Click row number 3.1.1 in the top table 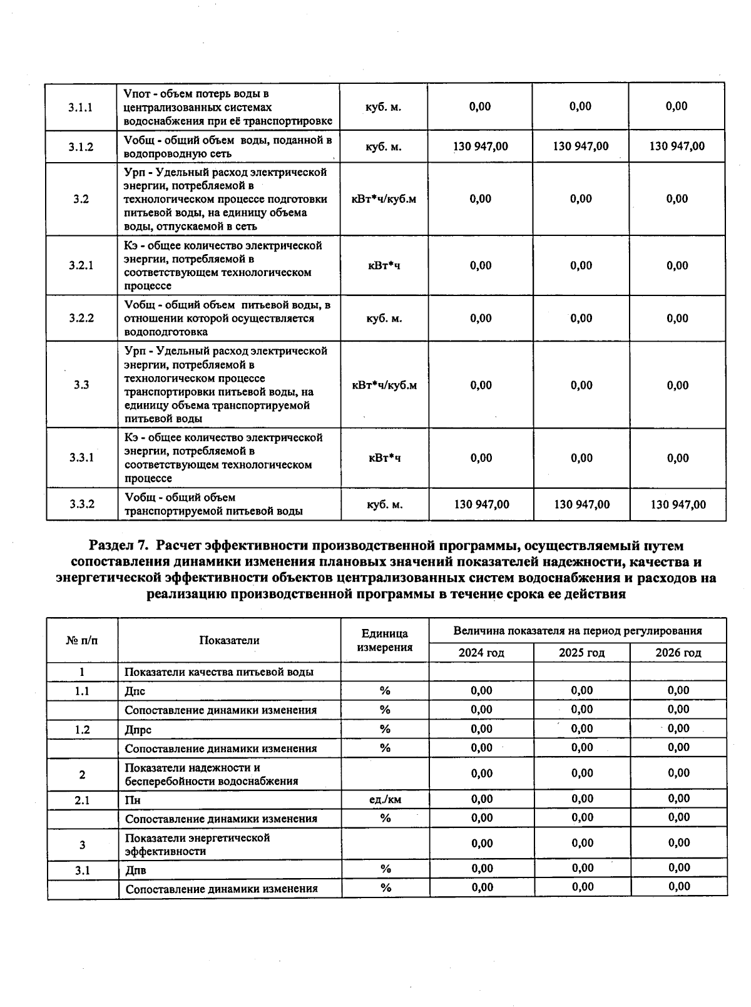[x=81, y=107]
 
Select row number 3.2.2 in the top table [x=81, y=318]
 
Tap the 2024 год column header [x=481, y=653]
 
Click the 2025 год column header [x=581, y=653]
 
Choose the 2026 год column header [x=678, y=653]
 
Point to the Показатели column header [x=229, y=640]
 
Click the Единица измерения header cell [x=384, y=640]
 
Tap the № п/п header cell [x=82, y=640]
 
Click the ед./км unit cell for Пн [x=385, y=799]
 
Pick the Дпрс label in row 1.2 [x=138, y=730]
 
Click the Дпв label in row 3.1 [x=136, y=870]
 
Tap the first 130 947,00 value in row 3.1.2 [x=480, y=146]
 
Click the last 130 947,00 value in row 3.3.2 [x=678, y=504]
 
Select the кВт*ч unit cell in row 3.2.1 [x=384, y=265]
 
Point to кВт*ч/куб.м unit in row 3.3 [x=384, y=385]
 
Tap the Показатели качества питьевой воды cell [x=218, y=672]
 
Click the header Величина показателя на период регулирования [x=577, y=631]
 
